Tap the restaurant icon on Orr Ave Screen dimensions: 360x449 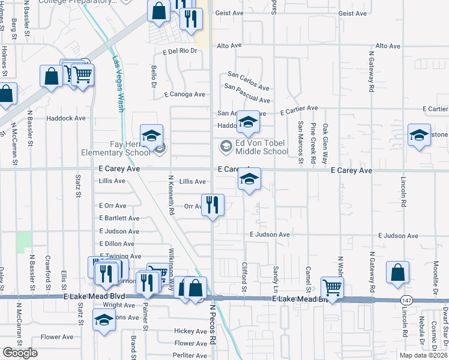[212, 205]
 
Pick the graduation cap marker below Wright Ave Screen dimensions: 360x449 [104, 320]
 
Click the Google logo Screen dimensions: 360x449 [20, 353]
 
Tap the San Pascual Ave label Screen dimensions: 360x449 [247, 93]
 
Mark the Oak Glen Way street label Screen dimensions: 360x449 [325, 144]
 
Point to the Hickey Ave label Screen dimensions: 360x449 [190, 331]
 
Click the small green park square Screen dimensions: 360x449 [25, 242]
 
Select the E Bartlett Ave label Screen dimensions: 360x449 [119, 218]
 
